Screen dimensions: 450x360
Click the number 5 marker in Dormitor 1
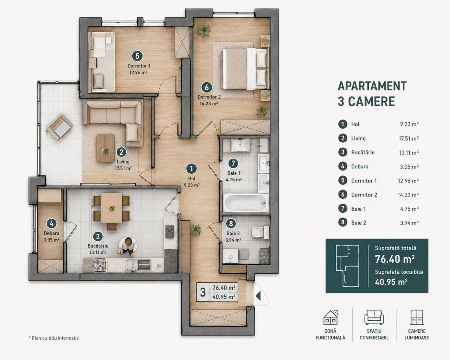tap(137, 56)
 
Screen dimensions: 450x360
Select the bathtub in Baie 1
tap(246, 203)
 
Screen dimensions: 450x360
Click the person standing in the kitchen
tap(127, 247)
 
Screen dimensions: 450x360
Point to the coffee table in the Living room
tap(105, 148)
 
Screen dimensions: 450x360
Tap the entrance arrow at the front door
tap(258, 296)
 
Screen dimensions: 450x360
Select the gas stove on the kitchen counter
tap(100, 265)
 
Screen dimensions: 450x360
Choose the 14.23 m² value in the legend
tap(408, 195)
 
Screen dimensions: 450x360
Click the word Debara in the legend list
tap(360, 167)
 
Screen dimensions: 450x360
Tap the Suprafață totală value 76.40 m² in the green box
tap(394, 259)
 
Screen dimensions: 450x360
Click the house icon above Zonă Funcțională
tap(330, 317)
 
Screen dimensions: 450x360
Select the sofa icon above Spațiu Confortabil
tap(374, 317)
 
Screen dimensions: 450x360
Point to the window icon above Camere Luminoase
tap(417, 317)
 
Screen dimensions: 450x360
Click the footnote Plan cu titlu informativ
tap(54, 338)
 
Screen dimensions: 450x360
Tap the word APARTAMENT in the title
tap(372, 86)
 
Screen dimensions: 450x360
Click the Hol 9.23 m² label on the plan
tap(192, 181)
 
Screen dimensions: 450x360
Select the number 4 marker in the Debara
tap(51, 224)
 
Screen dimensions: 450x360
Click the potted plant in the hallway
tap(196, 230)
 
